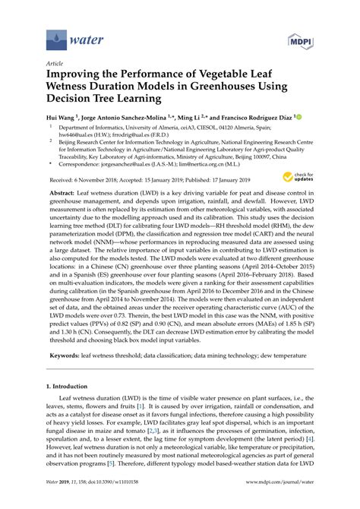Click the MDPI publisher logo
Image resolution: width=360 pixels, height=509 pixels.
pos(299,38)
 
